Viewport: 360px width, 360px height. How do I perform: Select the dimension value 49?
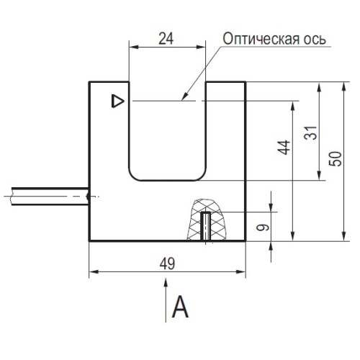coord(166,264)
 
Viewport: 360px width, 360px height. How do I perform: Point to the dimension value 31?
coord(310,135)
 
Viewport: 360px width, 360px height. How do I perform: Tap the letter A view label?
coord(180,308)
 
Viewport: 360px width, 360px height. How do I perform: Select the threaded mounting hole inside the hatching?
coord(206,225)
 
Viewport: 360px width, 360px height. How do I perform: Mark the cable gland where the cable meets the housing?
coord(88,194)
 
